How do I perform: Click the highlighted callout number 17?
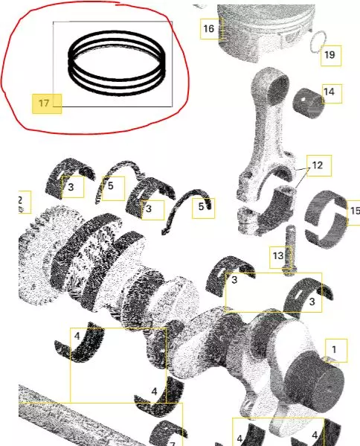[44, 103]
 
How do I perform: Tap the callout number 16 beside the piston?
[208, 28]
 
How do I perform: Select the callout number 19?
[330, 55]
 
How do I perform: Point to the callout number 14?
[329, 92]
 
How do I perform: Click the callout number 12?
[318, 165]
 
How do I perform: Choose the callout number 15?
[356, 211]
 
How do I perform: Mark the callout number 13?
[278, 255]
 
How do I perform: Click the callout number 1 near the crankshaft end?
[334, 349]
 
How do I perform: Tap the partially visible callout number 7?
[172, 444]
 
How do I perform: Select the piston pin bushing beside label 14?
[308, 103]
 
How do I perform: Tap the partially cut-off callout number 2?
[20, 200]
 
